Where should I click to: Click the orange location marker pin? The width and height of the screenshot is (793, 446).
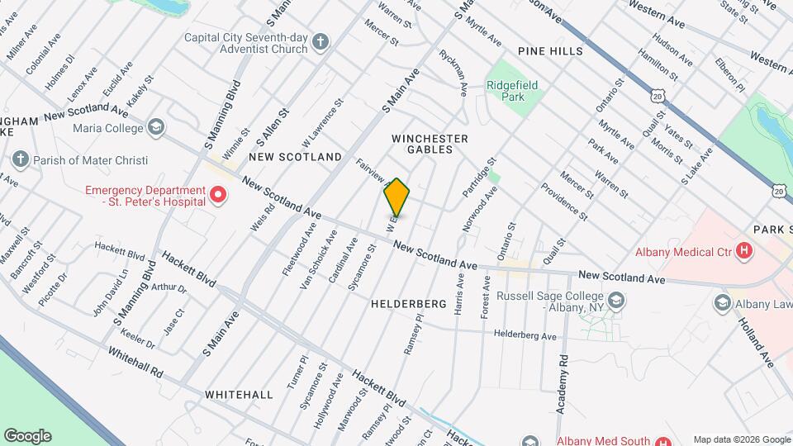[397, 197]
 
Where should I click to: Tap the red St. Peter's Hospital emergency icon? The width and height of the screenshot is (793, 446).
[218, 196]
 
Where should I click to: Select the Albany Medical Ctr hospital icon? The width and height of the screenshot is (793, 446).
[745, 250]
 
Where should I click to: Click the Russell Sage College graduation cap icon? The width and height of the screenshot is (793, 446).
[615, 301]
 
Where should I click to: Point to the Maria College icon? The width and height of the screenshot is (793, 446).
[155, 128]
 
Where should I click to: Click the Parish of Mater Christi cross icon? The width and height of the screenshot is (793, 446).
[21, 159]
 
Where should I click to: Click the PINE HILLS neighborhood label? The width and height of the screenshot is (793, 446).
[550, 51]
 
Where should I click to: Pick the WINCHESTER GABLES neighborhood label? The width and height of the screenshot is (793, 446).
[430, 144]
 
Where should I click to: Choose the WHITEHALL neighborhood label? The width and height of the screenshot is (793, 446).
[239, 395]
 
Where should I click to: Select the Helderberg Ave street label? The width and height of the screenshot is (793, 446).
[525, 335]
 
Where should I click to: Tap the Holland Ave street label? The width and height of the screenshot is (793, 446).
[755, 343]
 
